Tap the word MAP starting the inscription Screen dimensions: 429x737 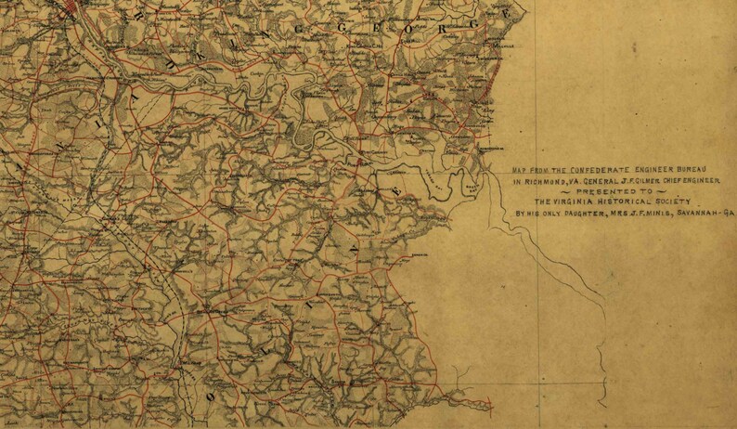[520, 171]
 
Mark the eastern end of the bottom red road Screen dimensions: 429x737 [491, 404]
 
